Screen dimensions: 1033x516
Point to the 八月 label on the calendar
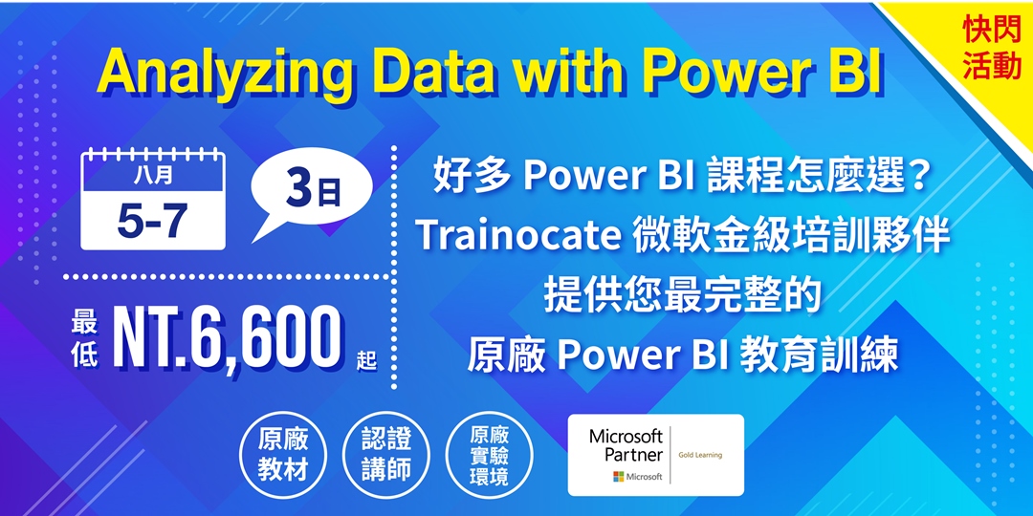(152, 178)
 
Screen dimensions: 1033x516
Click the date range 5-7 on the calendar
(152, 221)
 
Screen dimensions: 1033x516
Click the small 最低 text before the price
(87, 341)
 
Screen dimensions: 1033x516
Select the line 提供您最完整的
(683, 297)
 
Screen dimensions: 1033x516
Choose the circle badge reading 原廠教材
(282, 455)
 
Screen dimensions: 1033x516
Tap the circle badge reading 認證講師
(386, 455)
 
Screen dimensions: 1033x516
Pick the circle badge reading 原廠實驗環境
(489, 455)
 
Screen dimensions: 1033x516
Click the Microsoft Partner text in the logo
(626, 445)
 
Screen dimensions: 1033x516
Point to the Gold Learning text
(700, 455)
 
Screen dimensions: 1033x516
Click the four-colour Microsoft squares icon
(619, 476)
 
